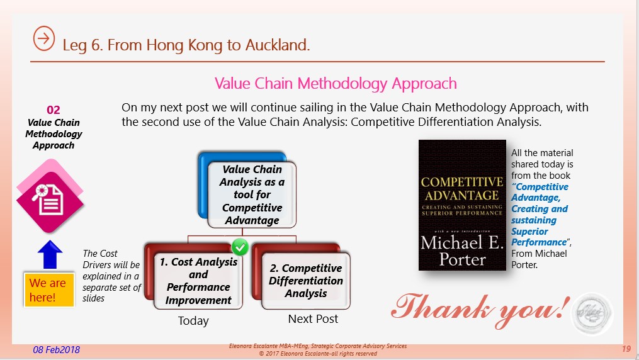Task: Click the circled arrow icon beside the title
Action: pos(43,38)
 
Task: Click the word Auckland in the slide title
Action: pos(277,45)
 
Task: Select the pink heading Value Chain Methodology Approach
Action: pos(336,84)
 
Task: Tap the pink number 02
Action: pos(54,110)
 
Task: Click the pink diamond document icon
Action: pos(50,196)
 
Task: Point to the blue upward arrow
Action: pos(50,254)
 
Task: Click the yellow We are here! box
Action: pos(49,290)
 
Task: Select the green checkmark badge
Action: pos(240,247)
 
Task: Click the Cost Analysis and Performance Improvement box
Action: pos(194,276)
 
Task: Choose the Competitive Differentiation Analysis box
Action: pos(302,276)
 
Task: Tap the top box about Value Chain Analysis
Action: pos(247,190)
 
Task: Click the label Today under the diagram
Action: pos(193,321)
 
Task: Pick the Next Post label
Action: pos(313,319)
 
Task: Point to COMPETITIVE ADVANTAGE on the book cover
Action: pos(462,189)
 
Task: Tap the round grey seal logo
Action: pos(592,313)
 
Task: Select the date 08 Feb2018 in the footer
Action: pos(56,350)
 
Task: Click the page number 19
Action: pos(626,349)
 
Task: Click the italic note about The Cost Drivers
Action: pos(111,276)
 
